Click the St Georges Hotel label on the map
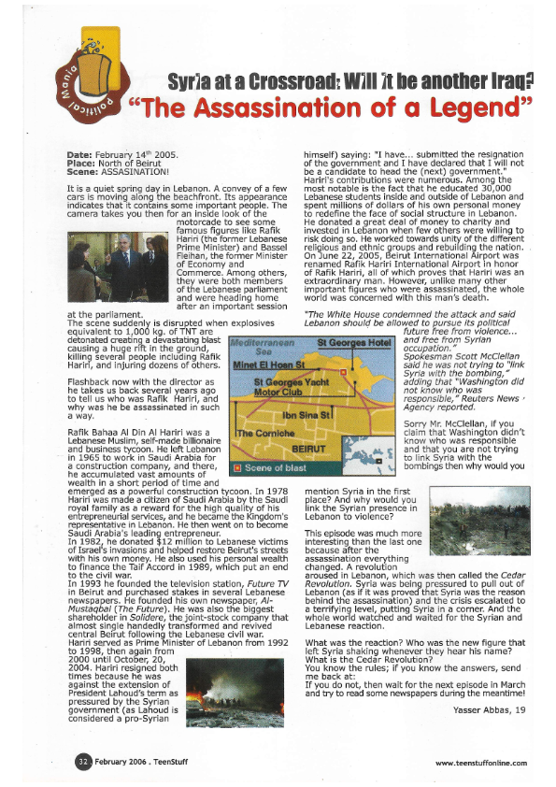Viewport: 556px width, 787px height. pyautogui.click(x=353, y=343)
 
